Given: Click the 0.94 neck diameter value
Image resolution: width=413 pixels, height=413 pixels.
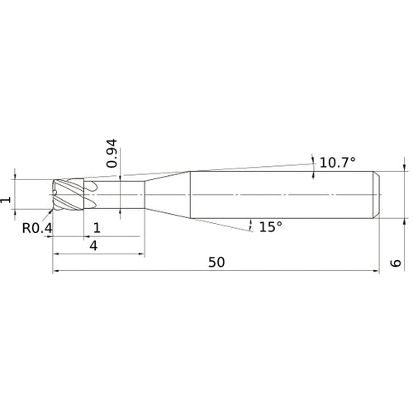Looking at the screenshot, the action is point(112,153).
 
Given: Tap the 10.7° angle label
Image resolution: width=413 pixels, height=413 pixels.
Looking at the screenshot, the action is point(337,163).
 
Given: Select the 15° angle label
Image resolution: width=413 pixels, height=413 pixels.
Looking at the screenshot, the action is point(271,227).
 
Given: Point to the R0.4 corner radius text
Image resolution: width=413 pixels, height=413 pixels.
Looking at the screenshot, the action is point(37,228).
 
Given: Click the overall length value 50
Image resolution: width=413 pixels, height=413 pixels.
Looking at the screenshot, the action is point(216,262).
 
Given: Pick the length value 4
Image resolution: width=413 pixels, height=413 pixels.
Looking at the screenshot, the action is point(93,245).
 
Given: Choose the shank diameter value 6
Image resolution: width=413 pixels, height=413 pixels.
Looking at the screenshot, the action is point(396,263).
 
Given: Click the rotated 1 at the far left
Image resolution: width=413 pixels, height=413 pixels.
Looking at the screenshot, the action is point(6,200).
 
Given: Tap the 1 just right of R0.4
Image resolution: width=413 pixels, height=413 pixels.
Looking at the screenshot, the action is point(97,228).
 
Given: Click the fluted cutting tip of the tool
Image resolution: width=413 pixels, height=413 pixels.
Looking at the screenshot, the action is point(69,195).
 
